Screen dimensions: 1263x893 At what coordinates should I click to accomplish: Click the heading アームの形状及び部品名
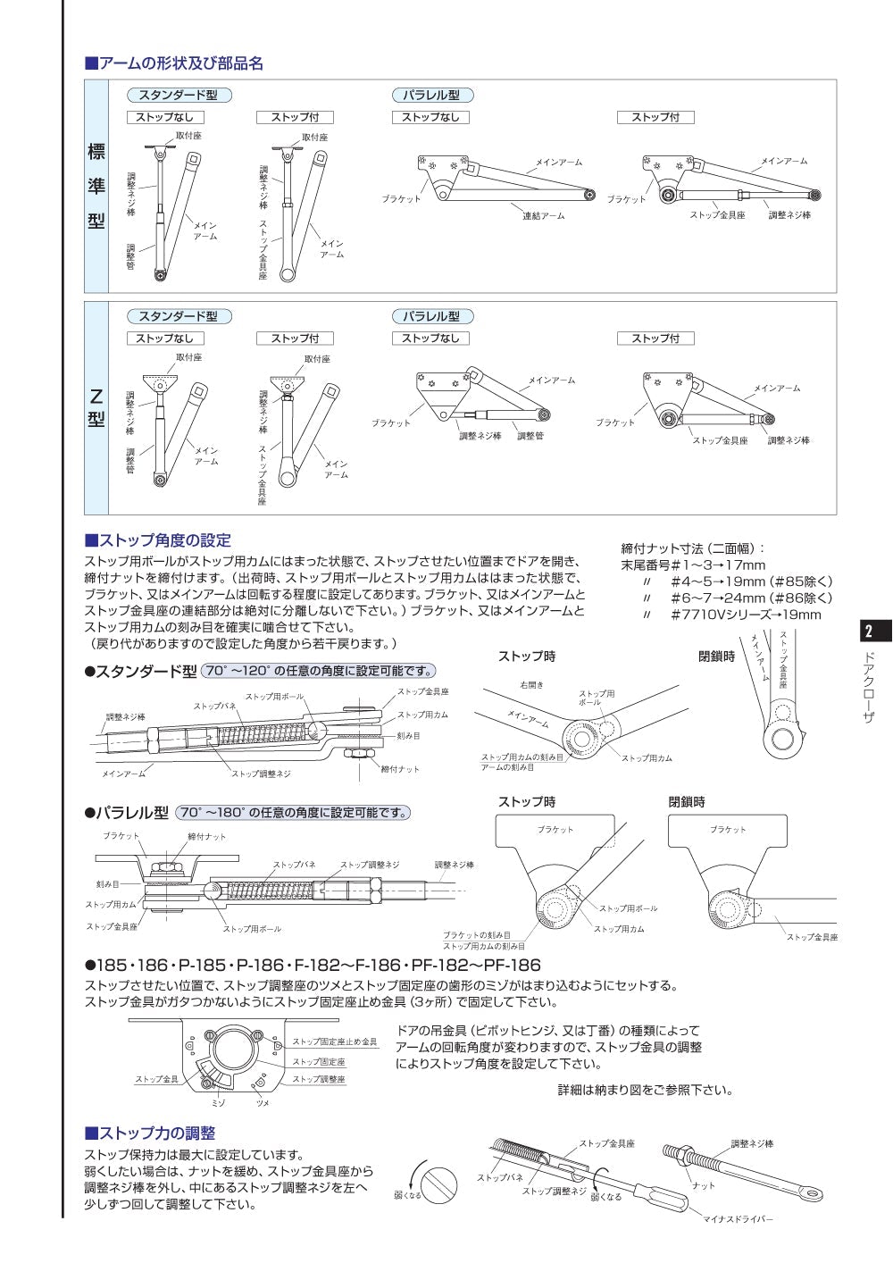(174, 63)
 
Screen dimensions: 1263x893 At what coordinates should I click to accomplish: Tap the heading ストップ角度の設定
(158, 540)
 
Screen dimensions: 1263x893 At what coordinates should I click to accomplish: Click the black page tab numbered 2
(870, 631)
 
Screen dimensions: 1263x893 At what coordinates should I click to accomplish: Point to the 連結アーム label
(543, 216)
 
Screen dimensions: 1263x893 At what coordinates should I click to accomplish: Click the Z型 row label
(96, 407)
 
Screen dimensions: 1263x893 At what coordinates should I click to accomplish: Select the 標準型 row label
(96, 186)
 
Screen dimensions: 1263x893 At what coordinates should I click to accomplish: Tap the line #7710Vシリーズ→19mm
(745, 615)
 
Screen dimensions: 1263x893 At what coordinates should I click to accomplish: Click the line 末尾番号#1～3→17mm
(693, 565)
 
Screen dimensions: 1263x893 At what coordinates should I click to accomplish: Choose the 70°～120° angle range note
(319, 671)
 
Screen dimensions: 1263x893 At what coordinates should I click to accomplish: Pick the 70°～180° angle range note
(293, 813)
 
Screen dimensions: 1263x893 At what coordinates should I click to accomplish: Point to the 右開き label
(531, 685)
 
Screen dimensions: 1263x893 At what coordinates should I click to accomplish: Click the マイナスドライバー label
(738, 1219)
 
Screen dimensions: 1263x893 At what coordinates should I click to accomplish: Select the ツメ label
(263, 1103)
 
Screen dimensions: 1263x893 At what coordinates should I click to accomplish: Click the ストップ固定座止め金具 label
(334, 1042)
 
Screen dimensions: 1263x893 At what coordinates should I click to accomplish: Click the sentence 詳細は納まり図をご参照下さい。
(645, 1090)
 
